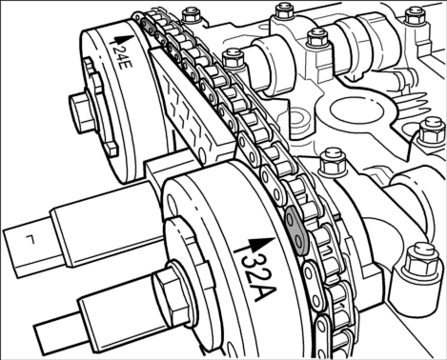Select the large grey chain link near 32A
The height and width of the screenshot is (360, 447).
point(295,230)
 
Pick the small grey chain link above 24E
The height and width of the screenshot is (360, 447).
point(148,26)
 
